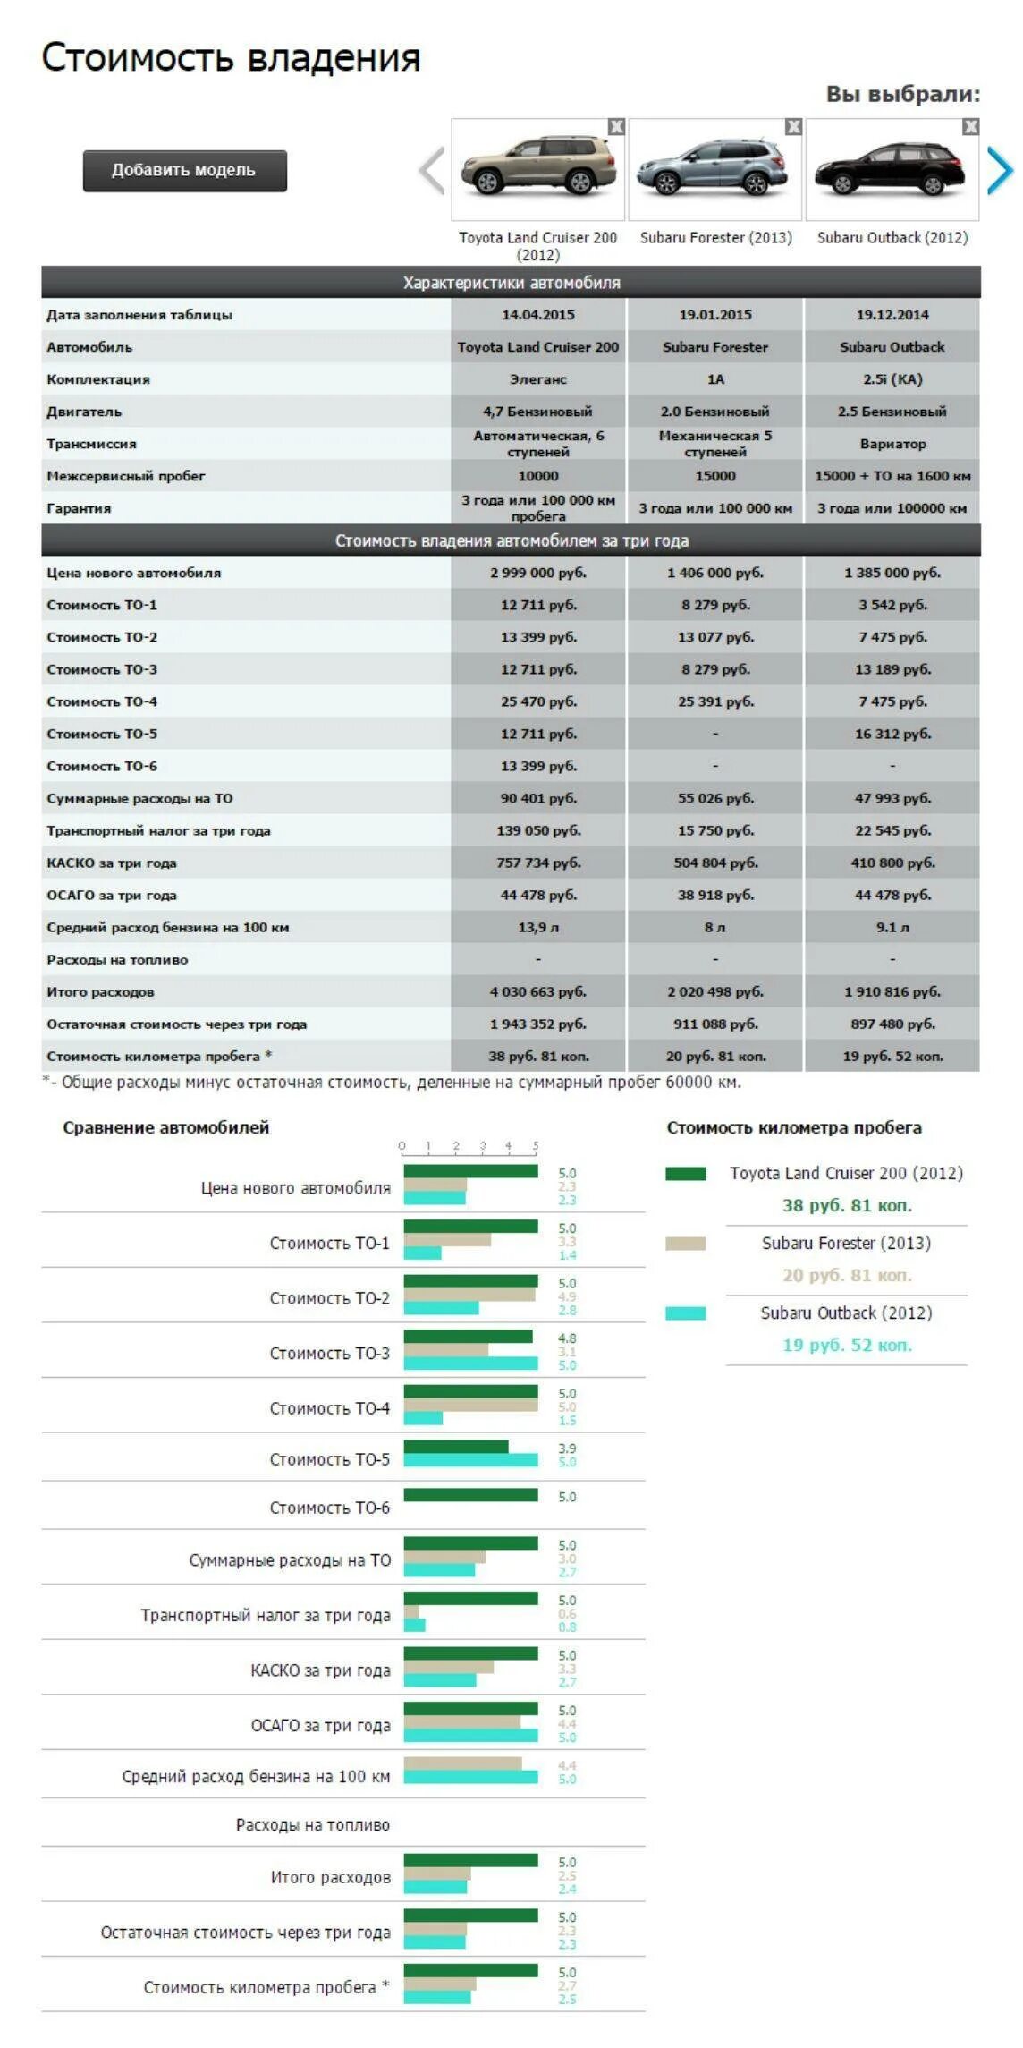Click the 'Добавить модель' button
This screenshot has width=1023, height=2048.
(x=184, y=170)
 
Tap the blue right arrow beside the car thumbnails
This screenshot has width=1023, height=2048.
(x=1001, y=170)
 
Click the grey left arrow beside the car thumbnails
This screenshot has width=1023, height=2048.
(x=431, y=170)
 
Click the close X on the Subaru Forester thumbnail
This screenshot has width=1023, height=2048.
(x=793, y=127)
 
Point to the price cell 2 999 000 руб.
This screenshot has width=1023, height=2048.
(x=537, y=573)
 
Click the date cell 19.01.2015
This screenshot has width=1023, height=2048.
(x=714, y=315)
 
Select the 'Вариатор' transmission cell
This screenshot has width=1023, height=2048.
(x=892, y=444)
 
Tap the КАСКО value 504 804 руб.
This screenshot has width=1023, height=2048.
(x=714, y=863)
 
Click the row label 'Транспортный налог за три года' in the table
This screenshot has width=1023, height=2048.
(x=158, y=830)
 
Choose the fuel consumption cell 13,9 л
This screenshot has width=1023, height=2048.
(x=537, y=927)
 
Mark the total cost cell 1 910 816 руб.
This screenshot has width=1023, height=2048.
(x=892, y=991)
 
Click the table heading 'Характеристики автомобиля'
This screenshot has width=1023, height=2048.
(x=511, y=283)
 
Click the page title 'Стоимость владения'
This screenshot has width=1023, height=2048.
(x=231, y=57)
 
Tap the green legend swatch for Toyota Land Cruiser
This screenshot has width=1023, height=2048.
(x=685, y=1174)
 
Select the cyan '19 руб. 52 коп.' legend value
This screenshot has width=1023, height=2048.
(x=847, y=1345)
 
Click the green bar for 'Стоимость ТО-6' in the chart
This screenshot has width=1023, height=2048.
(x=470, y=1495)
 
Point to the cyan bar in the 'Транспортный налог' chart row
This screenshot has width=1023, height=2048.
(x=414, y=1625)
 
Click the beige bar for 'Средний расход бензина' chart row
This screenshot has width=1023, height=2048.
(x=462, y=1763)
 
